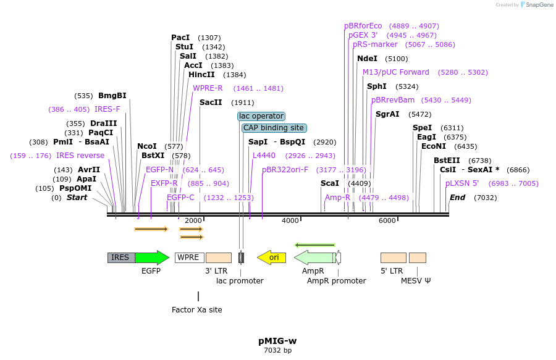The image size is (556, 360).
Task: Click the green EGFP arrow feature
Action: point(151,257)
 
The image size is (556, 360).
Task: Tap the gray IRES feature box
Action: point(121,257)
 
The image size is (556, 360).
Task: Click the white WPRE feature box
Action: point(189,257)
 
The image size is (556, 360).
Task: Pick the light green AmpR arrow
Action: point(314,257)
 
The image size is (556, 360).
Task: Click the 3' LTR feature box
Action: point(219,257)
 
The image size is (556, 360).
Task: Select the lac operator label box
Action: point(261,116)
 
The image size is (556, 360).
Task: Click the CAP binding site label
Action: point(274,128)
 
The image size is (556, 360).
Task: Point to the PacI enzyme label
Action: point(180,38)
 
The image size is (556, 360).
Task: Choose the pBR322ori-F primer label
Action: point(285,169)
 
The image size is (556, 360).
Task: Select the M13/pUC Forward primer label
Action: point(395,72)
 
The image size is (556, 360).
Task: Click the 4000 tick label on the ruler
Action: point(290,220)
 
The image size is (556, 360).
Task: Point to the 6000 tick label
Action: point(387,220)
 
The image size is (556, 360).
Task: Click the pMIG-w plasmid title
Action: point(277,340)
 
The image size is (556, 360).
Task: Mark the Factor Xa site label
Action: point(197,309)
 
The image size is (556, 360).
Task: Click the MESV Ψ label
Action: point(416,280)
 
